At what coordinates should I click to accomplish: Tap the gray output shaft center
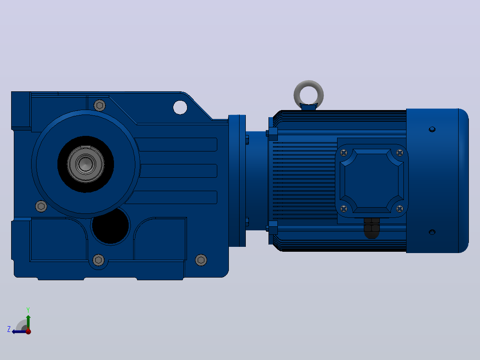(x=85, y=164)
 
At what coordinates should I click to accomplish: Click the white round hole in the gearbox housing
(x=180, y=107)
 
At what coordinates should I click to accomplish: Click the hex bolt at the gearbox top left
(x=99, y=106)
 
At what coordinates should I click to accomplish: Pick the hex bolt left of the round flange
(x=41, y=206)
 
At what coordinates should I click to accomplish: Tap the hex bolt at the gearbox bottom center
(x=98, y=260)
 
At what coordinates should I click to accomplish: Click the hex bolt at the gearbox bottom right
(x=201, y=260)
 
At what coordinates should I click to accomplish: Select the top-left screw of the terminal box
(x=344, y=152)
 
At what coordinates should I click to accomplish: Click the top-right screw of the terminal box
(x=399, y=152)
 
